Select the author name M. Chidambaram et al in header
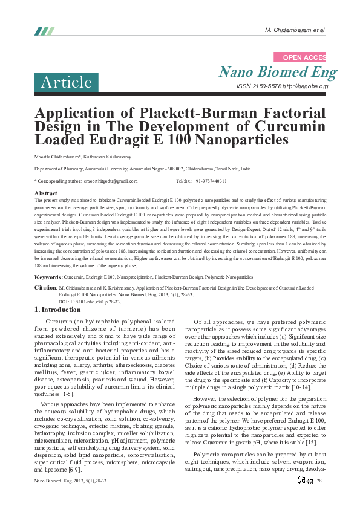click(295, 30)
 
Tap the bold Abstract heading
click(46, 193)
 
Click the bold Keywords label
click(48, 276)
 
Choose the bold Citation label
click(45, 288)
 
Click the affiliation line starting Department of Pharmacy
click(142, 170)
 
